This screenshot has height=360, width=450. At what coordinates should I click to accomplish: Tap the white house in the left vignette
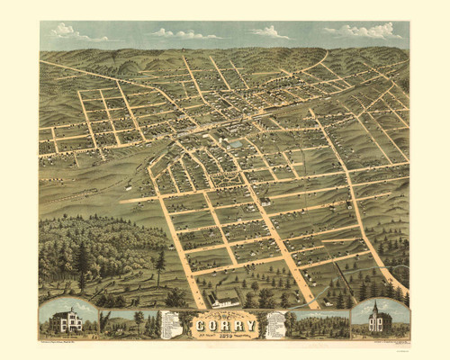click(x=68, y=320)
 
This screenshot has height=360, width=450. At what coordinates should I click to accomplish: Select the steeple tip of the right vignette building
click(x=375, y=303)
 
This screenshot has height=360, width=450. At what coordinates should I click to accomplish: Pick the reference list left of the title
click(x=169, y=326)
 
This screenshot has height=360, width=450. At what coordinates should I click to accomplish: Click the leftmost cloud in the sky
click(x=67, y=31)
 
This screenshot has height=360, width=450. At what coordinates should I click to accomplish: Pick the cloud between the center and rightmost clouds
click(x=269, y=32)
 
